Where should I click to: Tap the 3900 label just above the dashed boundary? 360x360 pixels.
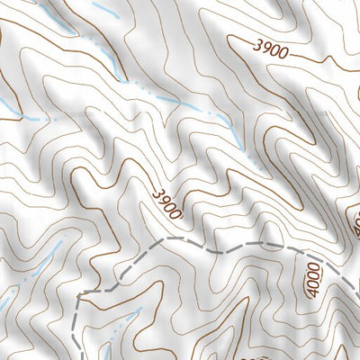tap(167, 204)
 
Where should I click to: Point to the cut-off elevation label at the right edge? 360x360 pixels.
tap(355, 217)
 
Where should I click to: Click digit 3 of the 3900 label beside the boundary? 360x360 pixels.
tap(158, 193)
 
